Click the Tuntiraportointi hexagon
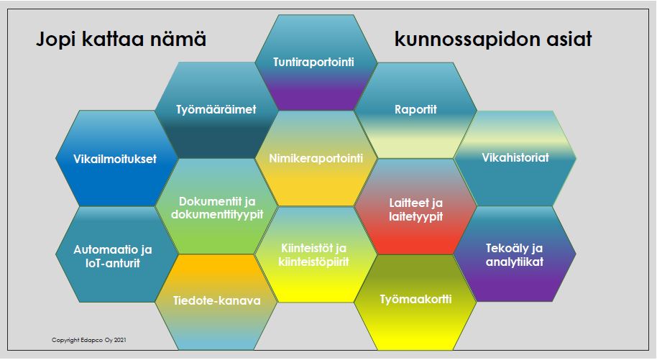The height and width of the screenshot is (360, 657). coord(315,63)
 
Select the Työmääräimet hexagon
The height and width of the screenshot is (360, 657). coord(216,110)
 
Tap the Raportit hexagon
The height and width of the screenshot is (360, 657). coord(415,110)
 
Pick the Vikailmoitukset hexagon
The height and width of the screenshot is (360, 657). coord(115,158)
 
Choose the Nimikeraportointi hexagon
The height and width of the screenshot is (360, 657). coord(316,158)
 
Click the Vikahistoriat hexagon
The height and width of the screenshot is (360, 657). coord(515,158)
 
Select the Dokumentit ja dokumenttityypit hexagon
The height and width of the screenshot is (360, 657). coord(216,207)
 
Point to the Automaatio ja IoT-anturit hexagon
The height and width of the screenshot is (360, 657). coord(115,256)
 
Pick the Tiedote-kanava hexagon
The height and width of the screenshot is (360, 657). coord(216,300)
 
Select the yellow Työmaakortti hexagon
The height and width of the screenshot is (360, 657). coord(415,298)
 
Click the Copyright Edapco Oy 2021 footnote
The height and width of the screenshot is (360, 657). coord(90,339)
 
